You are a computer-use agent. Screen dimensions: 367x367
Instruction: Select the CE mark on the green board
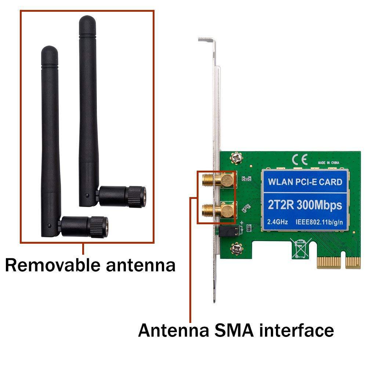coord(297,160)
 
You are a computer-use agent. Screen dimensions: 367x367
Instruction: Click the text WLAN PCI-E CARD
coord(305,182)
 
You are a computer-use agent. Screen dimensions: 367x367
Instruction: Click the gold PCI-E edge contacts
coord(338,262)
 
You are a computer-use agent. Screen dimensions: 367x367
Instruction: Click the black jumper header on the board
coord(229,231)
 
